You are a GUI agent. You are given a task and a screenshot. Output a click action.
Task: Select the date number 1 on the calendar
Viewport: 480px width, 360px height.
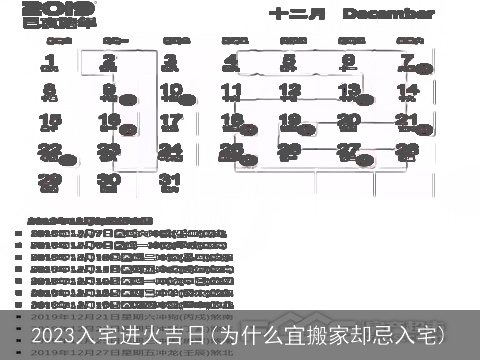(50, 62)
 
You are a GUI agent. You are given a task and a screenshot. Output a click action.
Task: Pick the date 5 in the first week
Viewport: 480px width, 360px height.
(290, 62)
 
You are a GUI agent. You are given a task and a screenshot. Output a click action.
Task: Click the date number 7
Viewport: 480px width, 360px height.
(407, 62)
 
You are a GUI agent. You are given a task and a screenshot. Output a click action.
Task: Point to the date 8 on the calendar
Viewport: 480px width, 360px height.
(50, 92)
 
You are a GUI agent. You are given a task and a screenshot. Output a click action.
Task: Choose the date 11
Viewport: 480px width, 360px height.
(231, 92)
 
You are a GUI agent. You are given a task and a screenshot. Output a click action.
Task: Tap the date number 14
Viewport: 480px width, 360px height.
(407, 92)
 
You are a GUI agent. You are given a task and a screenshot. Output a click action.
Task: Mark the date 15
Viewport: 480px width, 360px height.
(50, 122)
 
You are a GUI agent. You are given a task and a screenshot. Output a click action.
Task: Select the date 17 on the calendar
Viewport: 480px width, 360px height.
(171, 122)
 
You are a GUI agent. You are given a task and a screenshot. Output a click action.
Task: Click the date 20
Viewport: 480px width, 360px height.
(348, 122)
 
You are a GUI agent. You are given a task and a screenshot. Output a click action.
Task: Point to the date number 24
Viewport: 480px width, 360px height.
(171, 152)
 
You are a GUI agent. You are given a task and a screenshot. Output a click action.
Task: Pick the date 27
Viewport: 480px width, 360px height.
(348, 152)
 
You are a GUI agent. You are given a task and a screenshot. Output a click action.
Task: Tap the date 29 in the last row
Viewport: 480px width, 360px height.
(50, 182)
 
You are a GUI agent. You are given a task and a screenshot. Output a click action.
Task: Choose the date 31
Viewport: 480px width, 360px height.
(171, 182)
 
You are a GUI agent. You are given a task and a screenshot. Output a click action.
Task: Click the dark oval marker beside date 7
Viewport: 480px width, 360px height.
(425, 70)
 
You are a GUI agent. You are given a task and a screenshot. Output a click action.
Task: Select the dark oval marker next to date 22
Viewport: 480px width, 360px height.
(68, 159)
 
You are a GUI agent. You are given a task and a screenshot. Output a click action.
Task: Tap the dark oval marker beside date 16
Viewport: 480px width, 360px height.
(128, 129)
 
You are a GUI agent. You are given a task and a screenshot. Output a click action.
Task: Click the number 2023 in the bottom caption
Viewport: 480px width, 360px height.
(55, 334)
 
